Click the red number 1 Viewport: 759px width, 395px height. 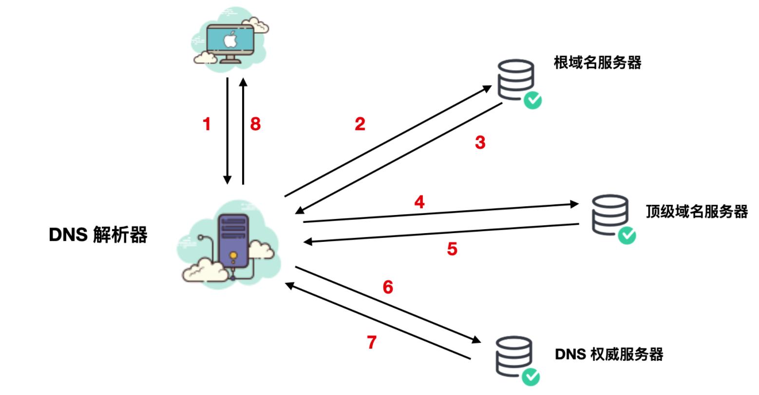point(207,124)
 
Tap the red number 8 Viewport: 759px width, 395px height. point(255,124)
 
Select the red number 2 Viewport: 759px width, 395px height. point(360,124)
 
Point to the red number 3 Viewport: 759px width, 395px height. point(480,143)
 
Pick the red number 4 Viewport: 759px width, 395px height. point(419,202)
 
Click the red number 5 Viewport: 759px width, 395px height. point(452,249)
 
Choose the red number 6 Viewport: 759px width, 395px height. point(388,287)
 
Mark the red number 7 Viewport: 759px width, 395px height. point(372,343)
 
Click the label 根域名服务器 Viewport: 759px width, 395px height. point(597,63)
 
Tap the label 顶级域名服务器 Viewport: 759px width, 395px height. point(697,212)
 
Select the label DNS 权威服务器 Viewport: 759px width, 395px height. point(609,354)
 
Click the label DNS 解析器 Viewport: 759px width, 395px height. point(98,236)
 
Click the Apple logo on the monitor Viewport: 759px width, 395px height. point(229,39)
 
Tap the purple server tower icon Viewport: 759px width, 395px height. point(233,241)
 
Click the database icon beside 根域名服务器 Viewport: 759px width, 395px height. point(515,78)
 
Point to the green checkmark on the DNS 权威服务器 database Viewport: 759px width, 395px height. point(531,376)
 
